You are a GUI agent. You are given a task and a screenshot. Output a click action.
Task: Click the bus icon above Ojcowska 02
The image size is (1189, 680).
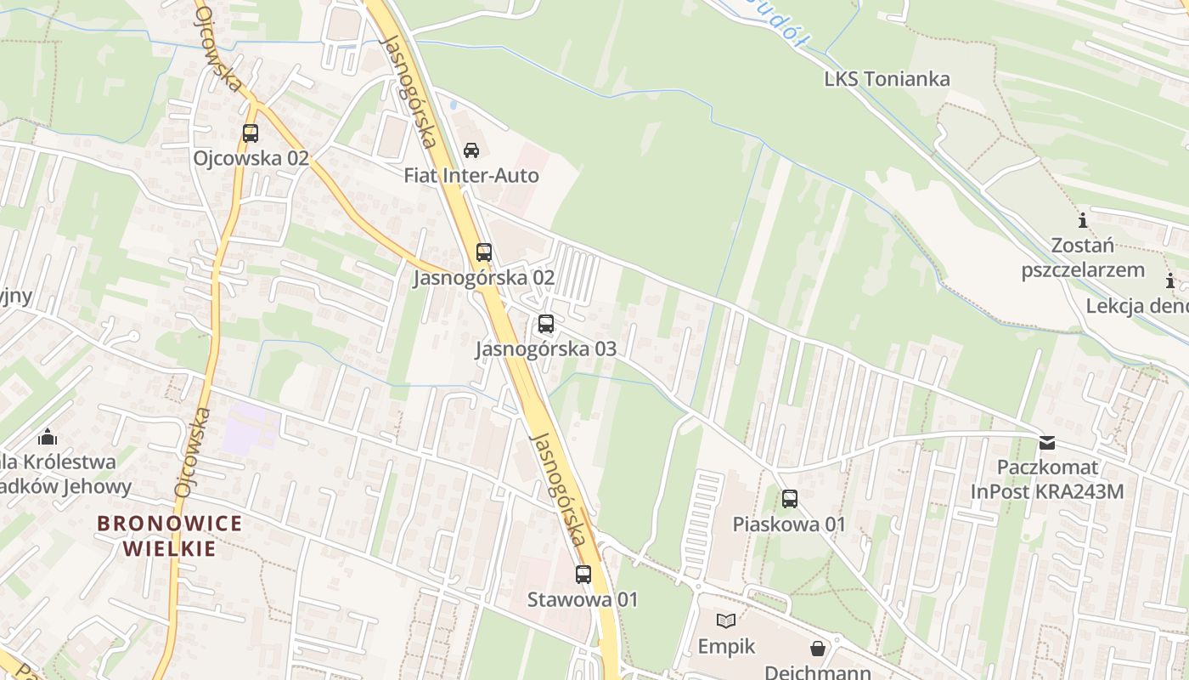click(x=251, y=133)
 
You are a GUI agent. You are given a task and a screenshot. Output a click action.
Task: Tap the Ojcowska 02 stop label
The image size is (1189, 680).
click(x=251, y=158)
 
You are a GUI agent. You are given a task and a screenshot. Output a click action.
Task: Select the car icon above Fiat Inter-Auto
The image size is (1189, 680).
click(x=471, y=150)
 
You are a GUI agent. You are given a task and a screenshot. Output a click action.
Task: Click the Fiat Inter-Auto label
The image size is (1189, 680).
click(x=471, y=176)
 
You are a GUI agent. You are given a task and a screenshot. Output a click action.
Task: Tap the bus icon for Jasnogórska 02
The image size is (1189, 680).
click(x=483, y=252)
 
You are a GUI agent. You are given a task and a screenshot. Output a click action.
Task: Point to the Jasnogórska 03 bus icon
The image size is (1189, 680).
click(x=546, y=324)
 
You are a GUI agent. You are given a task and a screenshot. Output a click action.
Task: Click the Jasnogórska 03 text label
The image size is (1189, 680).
click(x=546, y=349)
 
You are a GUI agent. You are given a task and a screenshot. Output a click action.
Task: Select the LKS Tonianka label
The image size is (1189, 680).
click(x=887, y=79)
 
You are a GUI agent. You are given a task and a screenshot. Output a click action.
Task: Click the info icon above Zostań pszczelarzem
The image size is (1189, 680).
click(x=1083, y=221)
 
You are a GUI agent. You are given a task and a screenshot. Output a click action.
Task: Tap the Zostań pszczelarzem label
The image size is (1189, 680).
click(x=1083, y=258)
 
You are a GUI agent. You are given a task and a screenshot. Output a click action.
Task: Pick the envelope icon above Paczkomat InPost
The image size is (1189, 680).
click(x=1047, y=443)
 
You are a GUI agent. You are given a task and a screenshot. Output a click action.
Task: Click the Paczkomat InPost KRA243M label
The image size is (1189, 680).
click(x=1047, y=479)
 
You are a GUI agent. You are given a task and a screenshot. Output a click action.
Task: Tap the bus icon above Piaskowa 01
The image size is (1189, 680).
click(x=790, y=499)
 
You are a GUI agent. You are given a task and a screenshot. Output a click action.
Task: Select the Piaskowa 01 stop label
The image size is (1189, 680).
click(x=790, y=524)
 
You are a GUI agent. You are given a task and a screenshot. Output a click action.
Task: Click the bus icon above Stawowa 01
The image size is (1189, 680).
click(x=583, y=575)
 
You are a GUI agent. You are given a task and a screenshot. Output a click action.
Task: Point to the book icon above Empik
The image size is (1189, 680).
click(x=726, y=620)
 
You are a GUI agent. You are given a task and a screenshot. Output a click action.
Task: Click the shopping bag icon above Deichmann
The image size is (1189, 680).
click(x=817, y=649)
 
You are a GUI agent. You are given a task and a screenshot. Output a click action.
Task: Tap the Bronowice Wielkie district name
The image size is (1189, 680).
click(x=170, y=535)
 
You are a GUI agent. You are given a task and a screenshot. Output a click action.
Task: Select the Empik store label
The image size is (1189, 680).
click(x=726, y=647)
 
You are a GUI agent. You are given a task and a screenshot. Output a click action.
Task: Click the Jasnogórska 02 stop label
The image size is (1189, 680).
click(x=483, y=278)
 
